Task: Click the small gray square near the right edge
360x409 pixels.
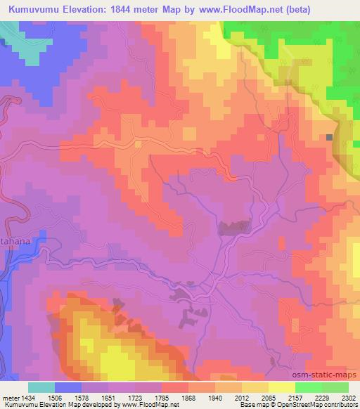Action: coord(329,137)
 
